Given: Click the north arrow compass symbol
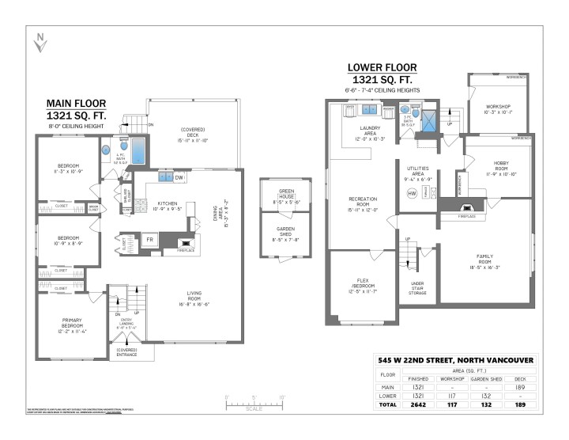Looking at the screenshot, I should [x=40, y=42].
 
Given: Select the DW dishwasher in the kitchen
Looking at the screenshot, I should [x=180, y=178].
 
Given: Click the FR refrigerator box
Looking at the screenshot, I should [x=149, y=240].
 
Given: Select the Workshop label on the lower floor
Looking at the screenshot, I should [x=498, y=109].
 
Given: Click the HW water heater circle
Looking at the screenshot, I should [x=412, y=193].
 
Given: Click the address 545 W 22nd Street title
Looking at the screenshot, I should [x=455, y=360].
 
